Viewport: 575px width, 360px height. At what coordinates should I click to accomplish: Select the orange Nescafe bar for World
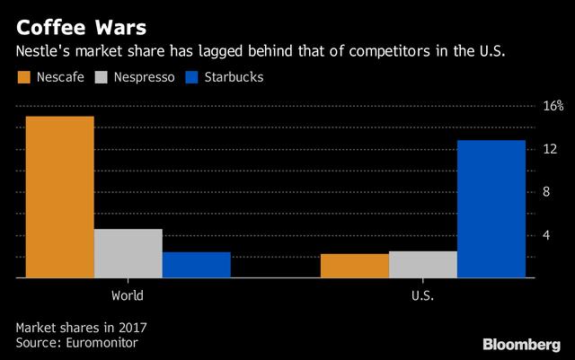[x=60, y=198]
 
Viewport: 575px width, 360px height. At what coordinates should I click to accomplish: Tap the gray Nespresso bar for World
[x=128, y=254]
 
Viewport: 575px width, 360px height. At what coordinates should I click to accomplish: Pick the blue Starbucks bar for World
[x=196, y=266]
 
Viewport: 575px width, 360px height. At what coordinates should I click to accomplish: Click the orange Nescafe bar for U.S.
[x=355, y=267]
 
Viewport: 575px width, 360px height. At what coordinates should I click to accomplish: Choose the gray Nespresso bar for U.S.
[x=422, y=265]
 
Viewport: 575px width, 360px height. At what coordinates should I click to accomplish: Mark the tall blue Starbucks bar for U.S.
[x=491, y=209]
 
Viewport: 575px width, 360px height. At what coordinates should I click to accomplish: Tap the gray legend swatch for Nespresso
[x=102, y=77]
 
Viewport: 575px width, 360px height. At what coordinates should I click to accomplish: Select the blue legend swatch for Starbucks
[x=192, y=77]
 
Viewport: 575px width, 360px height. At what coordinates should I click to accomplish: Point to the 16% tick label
[x=552, y=107]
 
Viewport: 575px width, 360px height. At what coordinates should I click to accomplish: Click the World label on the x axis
[x=128, y=294]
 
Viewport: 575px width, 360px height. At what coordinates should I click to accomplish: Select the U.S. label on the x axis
[x=422, y=294]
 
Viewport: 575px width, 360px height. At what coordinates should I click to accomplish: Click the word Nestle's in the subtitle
[x=42, y=52]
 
